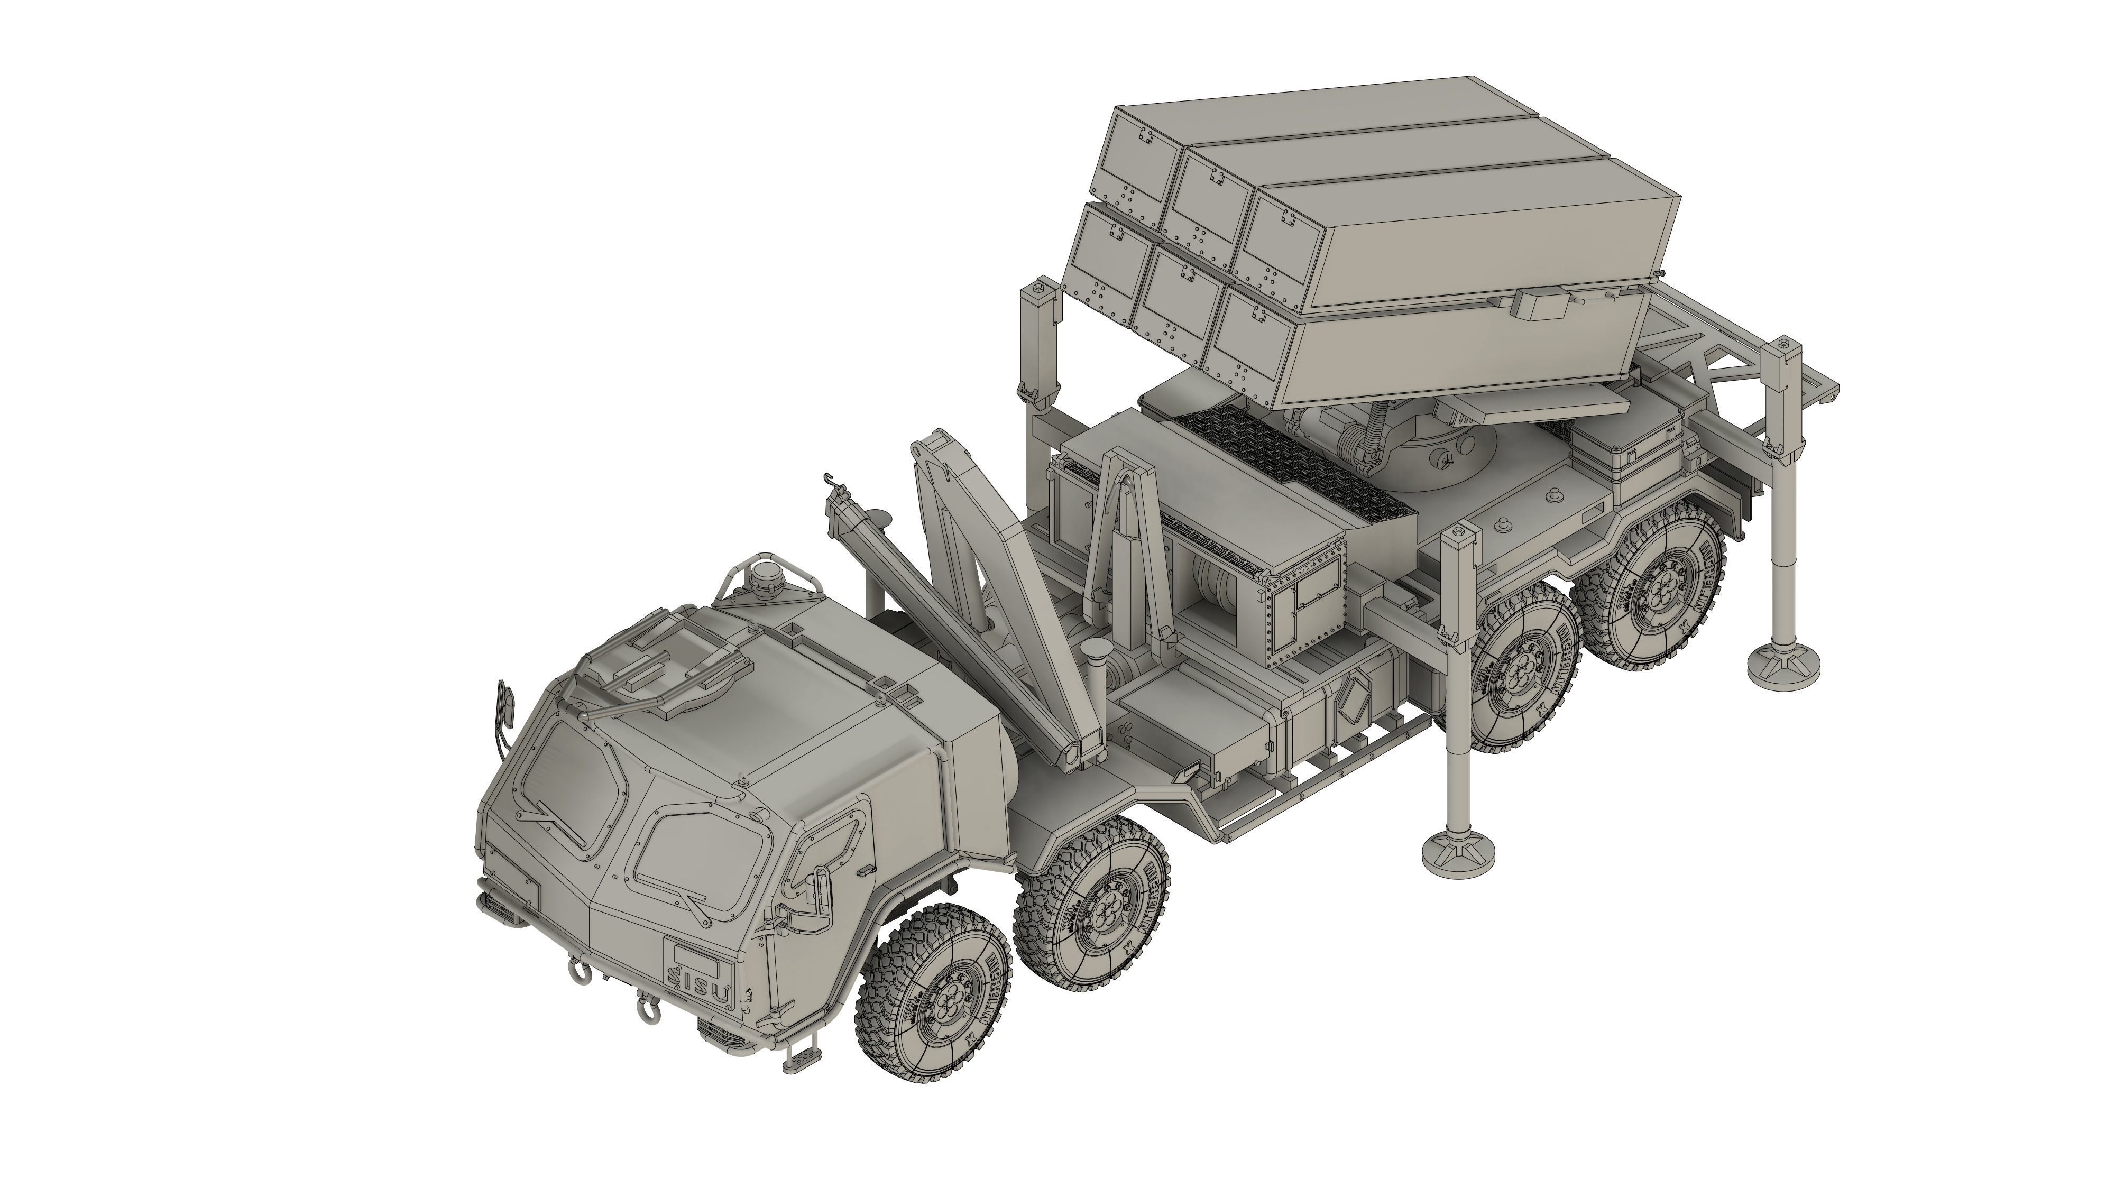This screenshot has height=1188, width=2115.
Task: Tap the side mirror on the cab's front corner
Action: [504, 706]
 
